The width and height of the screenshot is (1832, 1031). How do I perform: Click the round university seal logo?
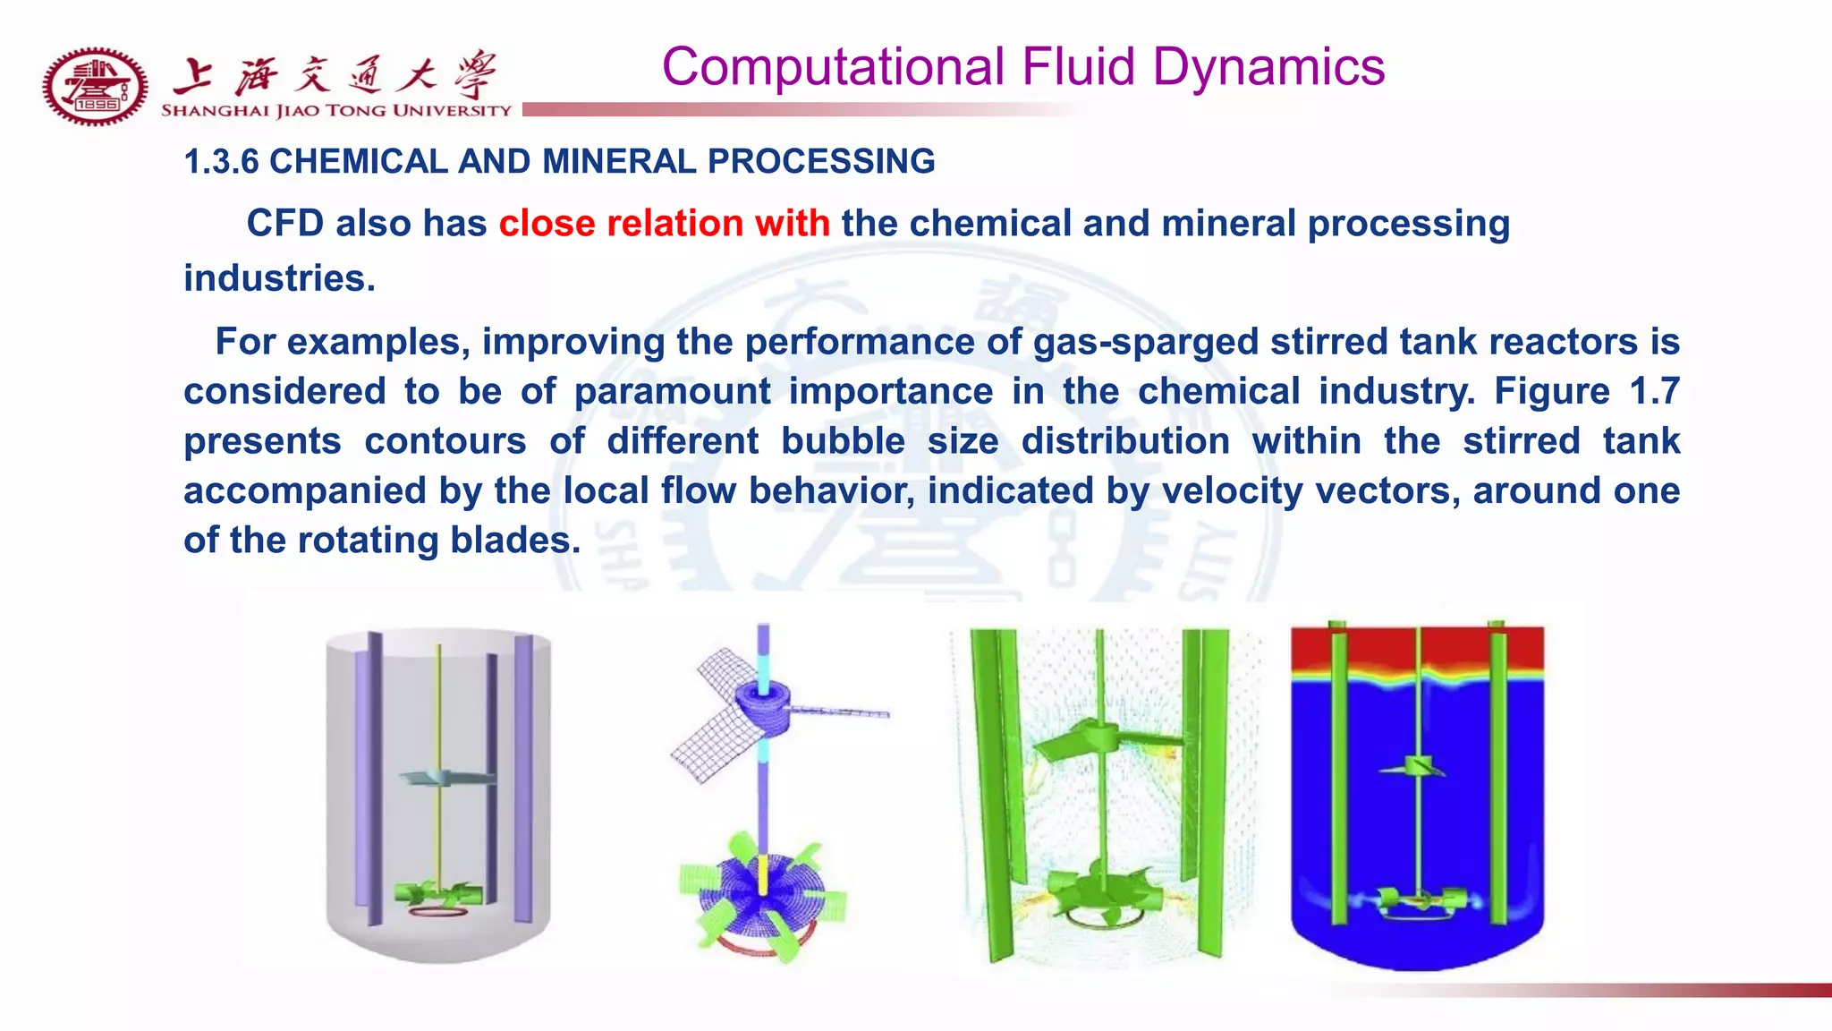coord(94,86)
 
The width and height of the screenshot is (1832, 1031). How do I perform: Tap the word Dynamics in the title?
coord(1268,68)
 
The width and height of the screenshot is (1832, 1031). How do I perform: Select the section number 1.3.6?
coord(221,162)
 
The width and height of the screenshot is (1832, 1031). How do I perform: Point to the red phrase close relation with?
coord(664,224)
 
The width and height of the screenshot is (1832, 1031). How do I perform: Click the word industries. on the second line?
coord(279,278)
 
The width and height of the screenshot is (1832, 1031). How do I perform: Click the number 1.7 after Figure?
coord(1653,392)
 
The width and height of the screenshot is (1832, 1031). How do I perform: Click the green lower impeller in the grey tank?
coord(438,891)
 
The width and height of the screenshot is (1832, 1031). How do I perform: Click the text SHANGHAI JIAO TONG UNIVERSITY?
coord(335,111)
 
